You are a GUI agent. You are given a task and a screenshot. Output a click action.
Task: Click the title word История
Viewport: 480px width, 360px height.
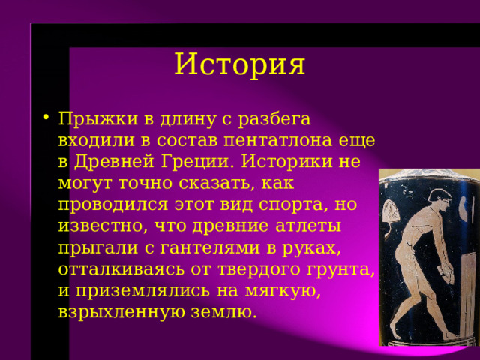[240, 64]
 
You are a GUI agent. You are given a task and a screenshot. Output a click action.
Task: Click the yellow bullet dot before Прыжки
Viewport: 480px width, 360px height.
[46, 117]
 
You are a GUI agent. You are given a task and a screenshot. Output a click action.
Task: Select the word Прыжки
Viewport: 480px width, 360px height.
[98, 118]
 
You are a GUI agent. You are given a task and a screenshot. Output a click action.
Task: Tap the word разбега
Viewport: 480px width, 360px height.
[274, 119]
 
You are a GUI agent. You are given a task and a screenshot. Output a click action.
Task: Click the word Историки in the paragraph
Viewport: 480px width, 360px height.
[286, 161]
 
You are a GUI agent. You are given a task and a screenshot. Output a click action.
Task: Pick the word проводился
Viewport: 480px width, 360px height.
[113, 205]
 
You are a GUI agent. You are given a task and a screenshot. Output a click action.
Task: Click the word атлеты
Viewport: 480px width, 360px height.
[308, 226]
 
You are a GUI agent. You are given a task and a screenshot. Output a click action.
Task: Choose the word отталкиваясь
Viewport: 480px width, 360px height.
[121, 269]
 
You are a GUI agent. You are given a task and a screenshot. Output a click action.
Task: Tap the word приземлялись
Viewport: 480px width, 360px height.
[142, 291]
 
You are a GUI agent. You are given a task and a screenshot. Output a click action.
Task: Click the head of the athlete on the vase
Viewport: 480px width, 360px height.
[439, 199]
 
